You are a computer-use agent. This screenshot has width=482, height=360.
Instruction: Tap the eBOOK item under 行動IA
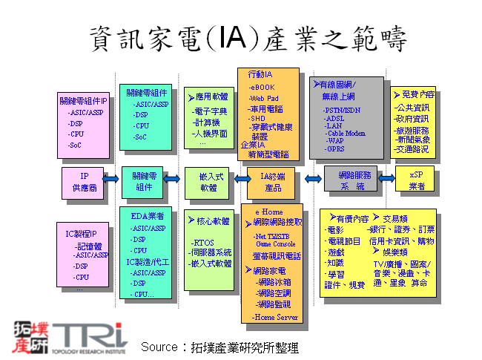click(x=263, y=88)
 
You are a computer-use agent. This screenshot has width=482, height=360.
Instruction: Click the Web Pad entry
click(x=265, y=98)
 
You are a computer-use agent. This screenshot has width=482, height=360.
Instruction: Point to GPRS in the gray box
click(x=336, y=148)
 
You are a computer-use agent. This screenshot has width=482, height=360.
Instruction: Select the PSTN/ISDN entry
click(x=343, y=110)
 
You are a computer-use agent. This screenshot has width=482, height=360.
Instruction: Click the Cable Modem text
click(x=346, y=133)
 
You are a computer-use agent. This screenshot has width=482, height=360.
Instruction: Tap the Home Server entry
click(x=275, y=317)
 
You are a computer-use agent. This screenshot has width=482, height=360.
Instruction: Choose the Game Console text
click(x=275, y=243)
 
